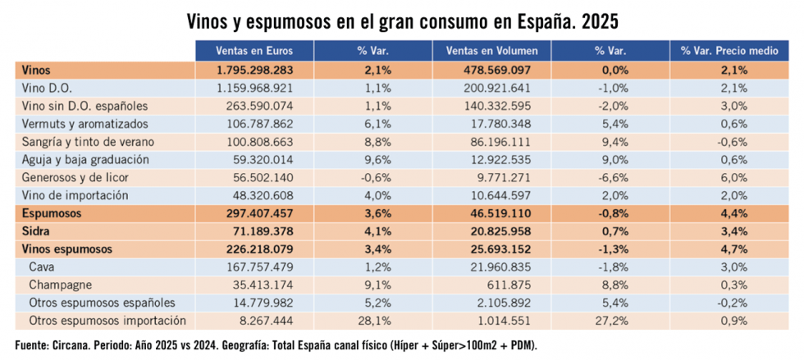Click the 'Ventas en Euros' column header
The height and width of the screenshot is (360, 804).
[254, 51]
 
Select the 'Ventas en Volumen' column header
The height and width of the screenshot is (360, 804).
[491, 51]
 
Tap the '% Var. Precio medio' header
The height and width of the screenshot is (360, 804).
[729, 51]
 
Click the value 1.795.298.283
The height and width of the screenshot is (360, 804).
[254, 71]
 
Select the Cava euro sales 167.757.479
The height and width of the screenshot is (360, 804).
[259, 267]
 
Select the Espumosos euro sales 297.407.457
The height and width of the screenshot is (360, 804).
[259, 213]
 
